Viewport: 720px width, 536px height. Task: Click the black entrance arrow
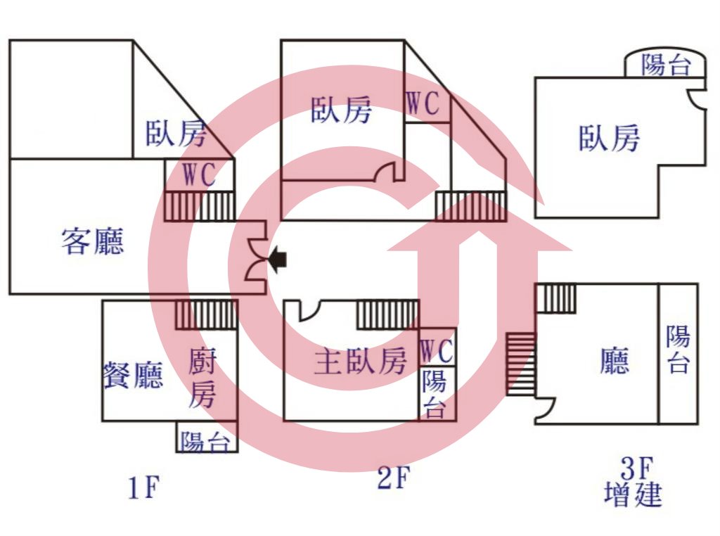click(278, 260)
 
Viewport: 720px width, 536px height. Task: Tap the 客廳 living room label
click(93, 241)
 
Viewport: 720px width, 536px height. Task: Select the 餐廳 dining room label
click(133, 375)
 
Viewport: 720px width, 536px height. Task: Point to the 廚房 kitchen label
click(202, 378)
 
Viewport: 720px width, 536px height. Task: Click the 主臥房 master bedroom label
click(361, 361)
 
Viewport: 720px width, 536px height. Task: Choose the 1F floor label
click(143, 487)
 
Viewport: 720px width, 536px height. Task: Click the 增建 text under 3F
click(634, 494)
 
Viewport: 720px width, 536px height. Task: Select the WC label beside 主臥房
click(437, 352)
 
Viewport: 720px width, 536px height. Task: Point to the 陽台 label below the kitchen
click(205, 442)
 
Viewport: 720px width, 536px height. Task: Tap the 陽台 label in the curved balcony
click(666, 65)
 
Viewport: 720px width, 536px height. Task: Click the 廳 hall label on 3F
click(615, 361)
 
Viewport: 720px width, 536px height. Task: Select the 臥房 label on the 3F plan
click(609, 138)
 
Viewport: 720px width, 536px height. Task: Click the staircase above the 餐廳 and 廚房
click(207, 314)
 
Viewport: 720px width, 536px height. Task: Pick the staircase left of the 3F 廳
click(521, 364)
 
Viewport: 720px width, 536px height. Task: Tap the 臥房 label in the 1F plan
click(176, 133)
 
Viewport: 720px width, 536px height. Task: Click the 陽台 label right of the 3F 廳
click(679, 349)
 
